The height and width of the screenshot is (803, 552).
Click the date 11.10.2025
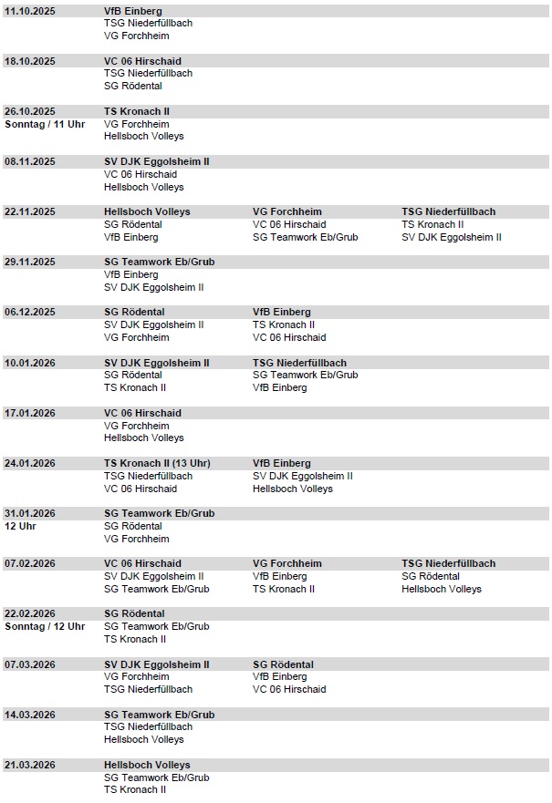tap(30, 11)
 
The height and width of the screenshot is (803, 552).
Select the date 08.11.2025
tap(30, 161)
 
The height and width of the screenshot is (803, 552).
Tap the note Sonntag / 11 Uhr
tap(45, 124)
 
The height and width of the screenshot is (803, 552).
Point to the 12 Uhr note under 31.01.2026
tap(19, 526)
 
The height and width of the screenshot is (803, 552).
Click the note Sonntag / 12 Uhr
tap(45, 626)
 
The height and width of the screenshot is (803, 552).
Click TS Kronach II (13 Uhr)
tap(157, 463)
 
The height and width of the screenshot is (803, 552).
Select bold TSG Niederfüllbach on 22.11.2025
tap(448, 211)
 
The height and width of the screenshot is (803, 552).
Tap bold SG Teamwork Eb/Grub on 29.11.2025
tap(159, 262)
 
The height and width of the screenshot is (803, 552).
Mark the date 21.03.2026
tap(30, 765)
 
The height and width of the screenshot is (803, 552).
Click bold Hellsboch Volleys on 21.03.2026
tap(147, 765)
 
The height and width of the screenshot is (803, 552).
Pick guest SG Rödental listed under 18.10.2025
tap(133, 86)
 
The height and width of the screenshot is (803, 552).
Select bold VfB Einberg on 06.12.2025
tap(281, 312)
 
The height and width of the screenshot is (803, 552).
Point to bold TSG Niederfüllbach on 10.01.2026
tap(299, 363)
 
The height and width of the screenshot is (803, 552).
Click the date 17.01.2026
tap(30, 413)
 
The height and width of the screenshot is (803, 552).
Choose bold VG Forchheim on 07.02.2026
tap(286, 563)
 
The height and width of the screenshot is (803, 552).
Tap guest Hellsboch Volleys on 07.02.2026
tap(442, 589)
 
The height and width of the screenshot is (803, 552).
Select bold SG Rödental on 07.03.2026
tap(283, 664)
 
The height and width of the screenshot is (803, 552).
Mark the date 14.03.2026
tap(30, 715)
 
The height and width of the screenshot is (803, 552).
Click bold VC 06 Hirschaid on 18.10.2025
tap(142, 61)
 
